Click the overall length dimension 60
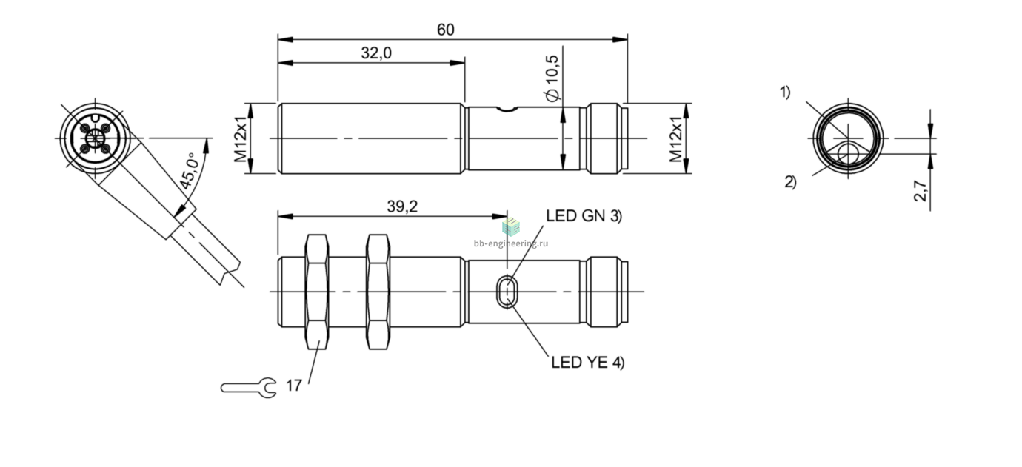(445, 30)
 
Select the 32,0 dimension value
(376, 53)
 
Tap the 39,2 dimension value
(402, 206)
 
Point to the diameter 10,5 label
(552, 78)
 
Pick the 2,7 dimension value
(921, 191)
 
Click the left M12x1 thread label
(240, 139)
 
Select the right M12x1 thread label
(675, 139)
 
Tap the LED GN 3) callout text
(584, 215)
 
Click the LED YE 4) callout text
(588, 362)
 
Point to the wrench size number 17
(294, 386)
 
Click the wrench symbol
(249, 388)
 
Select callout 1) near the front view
(785, 93)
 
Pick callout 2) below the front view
(791, 182)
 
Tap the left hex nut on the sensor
(317, 292)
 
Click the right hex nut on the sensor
(378, 292)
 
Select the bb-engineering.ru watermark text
(511, 243)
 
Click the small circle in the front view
(848, 152)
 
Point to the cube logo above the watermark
(511, 226)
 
